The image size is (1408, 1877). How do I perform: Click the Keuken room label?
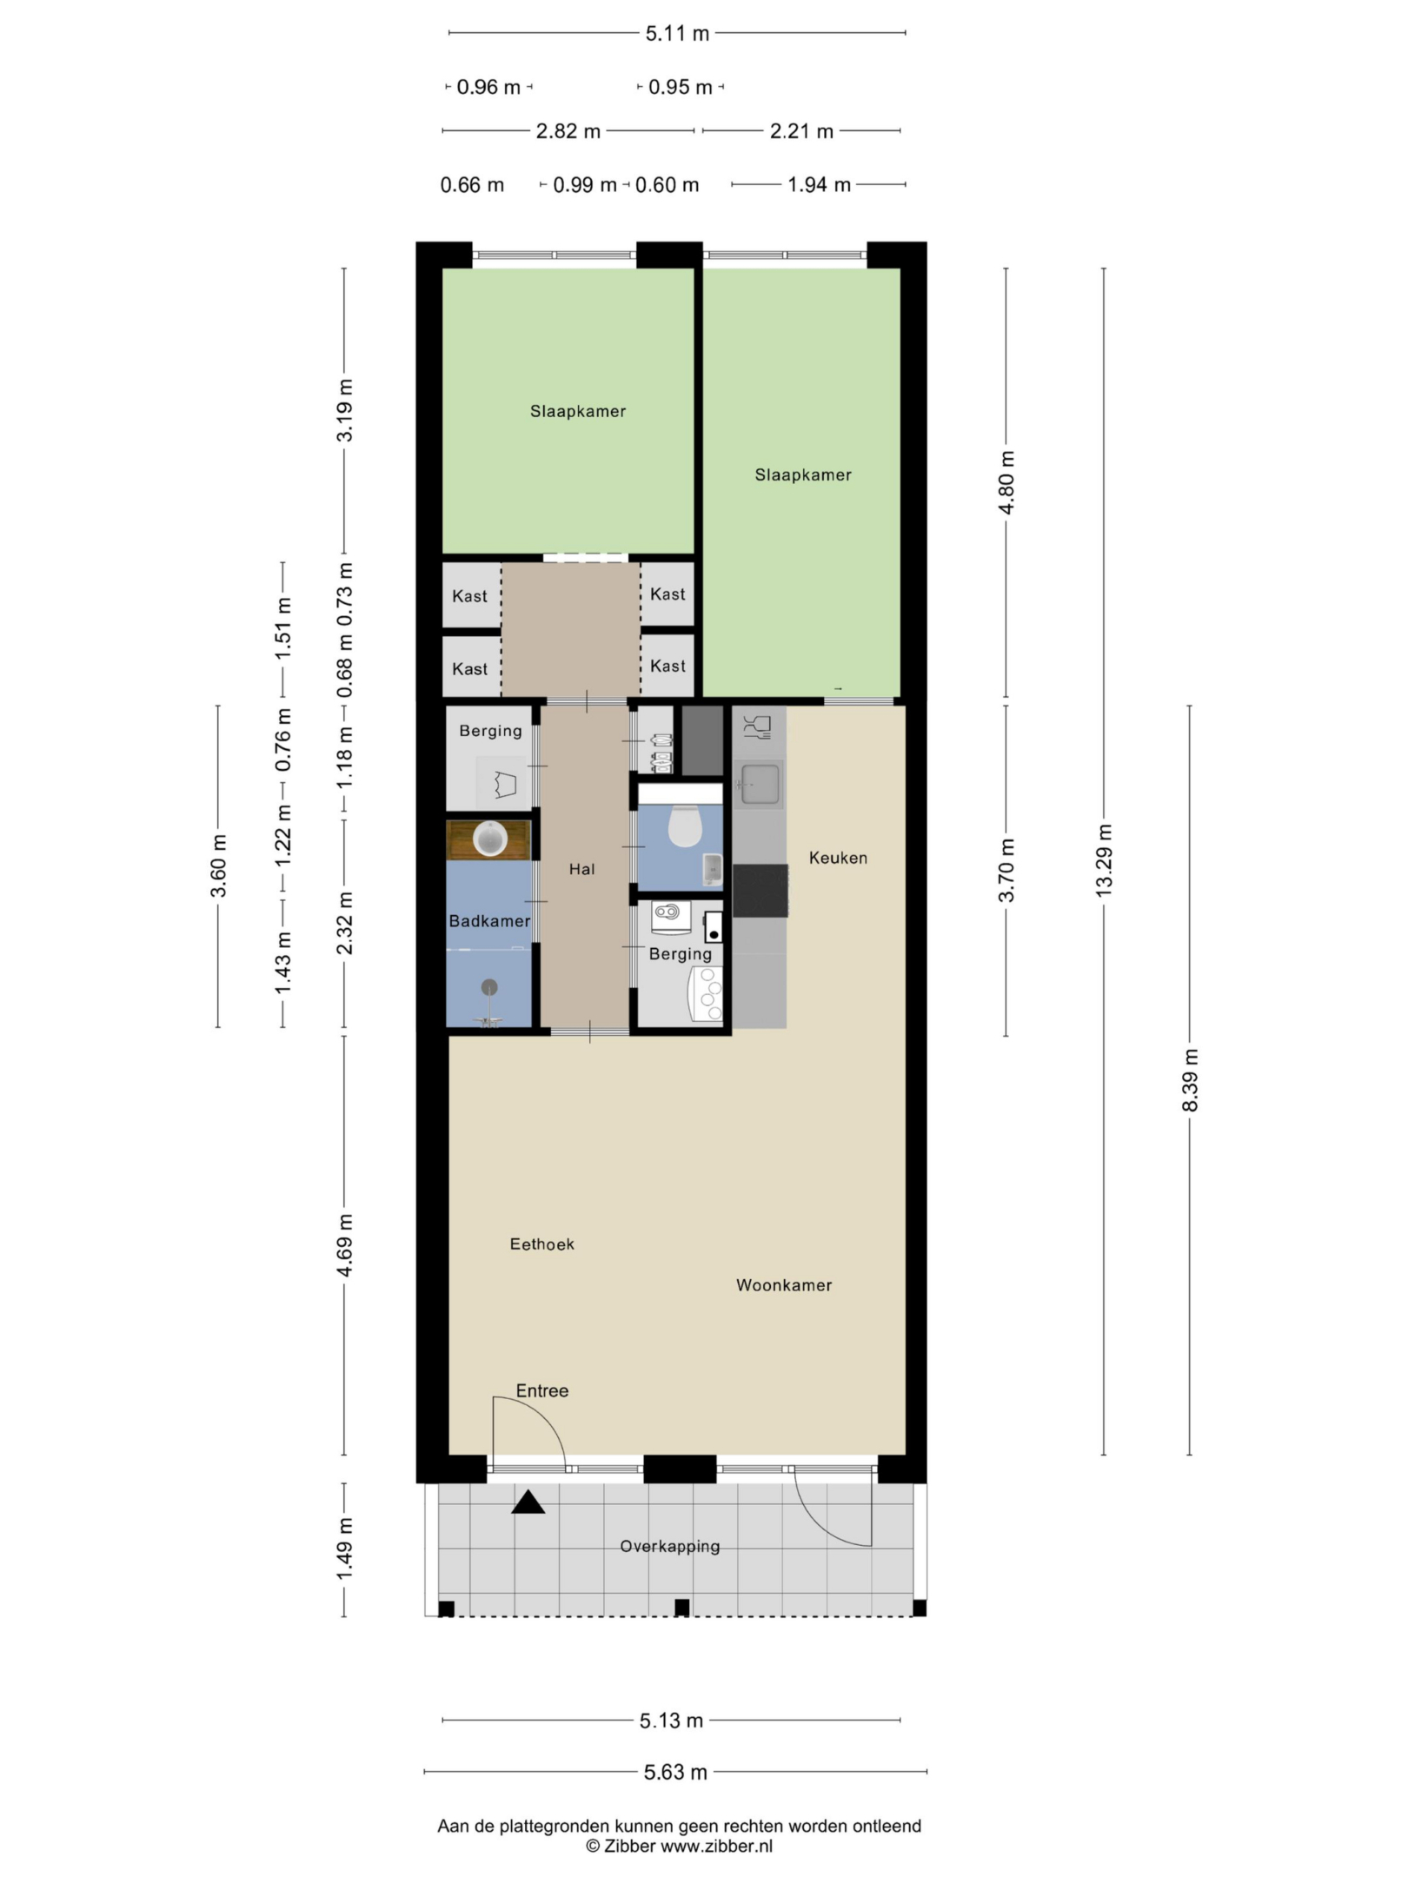pos(838,858)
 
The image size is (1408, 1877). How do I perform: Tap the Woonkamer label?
pos(784,1285)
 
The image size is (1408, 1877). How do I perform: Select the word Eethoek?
pos(541,1244)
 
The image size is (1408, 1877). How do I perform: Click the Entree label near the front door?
pos(542,1390)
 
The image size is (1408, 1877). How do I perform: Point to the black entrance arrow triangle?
pos(528,1502)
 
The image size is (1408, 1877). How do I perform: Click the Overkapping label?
pos(670,1546)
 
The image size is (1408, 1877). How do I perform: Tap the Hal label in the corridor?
pos(581,869)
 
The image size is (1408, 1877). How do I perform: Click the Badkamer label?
pos(489,921)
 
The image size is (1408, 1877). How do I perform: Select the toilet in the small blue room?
pos(684,825)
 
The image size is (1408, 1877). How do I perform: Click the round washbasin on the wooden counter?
pos(489,839)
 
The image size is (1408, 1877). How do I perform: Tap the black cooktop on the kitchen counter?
pos(760,891)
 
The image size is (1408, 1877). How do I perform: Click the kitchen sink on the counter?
pos(759,783)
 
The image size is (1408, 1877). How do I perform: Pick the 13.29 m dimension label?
pos(1104,860)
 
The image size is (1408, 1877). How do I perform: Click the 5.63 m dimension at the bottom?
pos(675,1772)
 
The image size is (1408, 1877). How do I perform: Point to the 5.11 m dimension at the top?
pos(677,34)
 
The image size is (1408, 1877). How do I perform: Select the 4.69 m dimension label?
pos(345,1245)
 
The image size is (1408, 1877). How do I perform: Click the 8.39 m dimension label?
pos(1190,1080)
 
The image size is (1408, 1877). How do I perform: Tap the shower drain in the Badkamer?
pos(489,986)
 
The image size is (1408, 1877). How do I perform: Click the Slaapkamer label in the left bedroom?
pos(578,412)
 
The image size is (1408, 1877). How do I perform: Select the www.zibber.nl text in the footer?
pos(716,1847)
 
